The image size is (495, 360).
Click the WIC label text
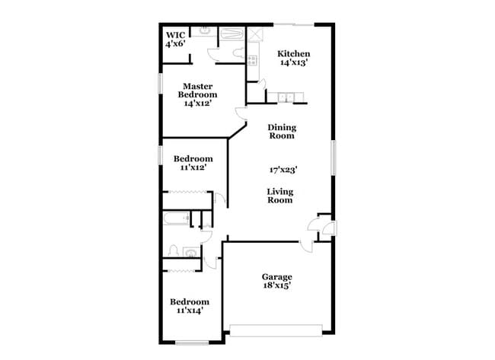pos(174,35)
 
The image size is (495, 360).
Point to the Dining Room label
pos(282,132)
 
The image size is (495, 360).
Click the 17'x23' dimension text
pos(283,170)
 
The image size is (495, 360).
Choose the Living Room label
pos(279,196)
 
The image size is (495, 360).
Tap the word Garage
pos(276,276)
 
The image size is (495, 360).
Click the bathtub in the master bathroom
pos(231,34)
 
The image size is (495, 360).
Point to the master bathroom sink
pos(206,32)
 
